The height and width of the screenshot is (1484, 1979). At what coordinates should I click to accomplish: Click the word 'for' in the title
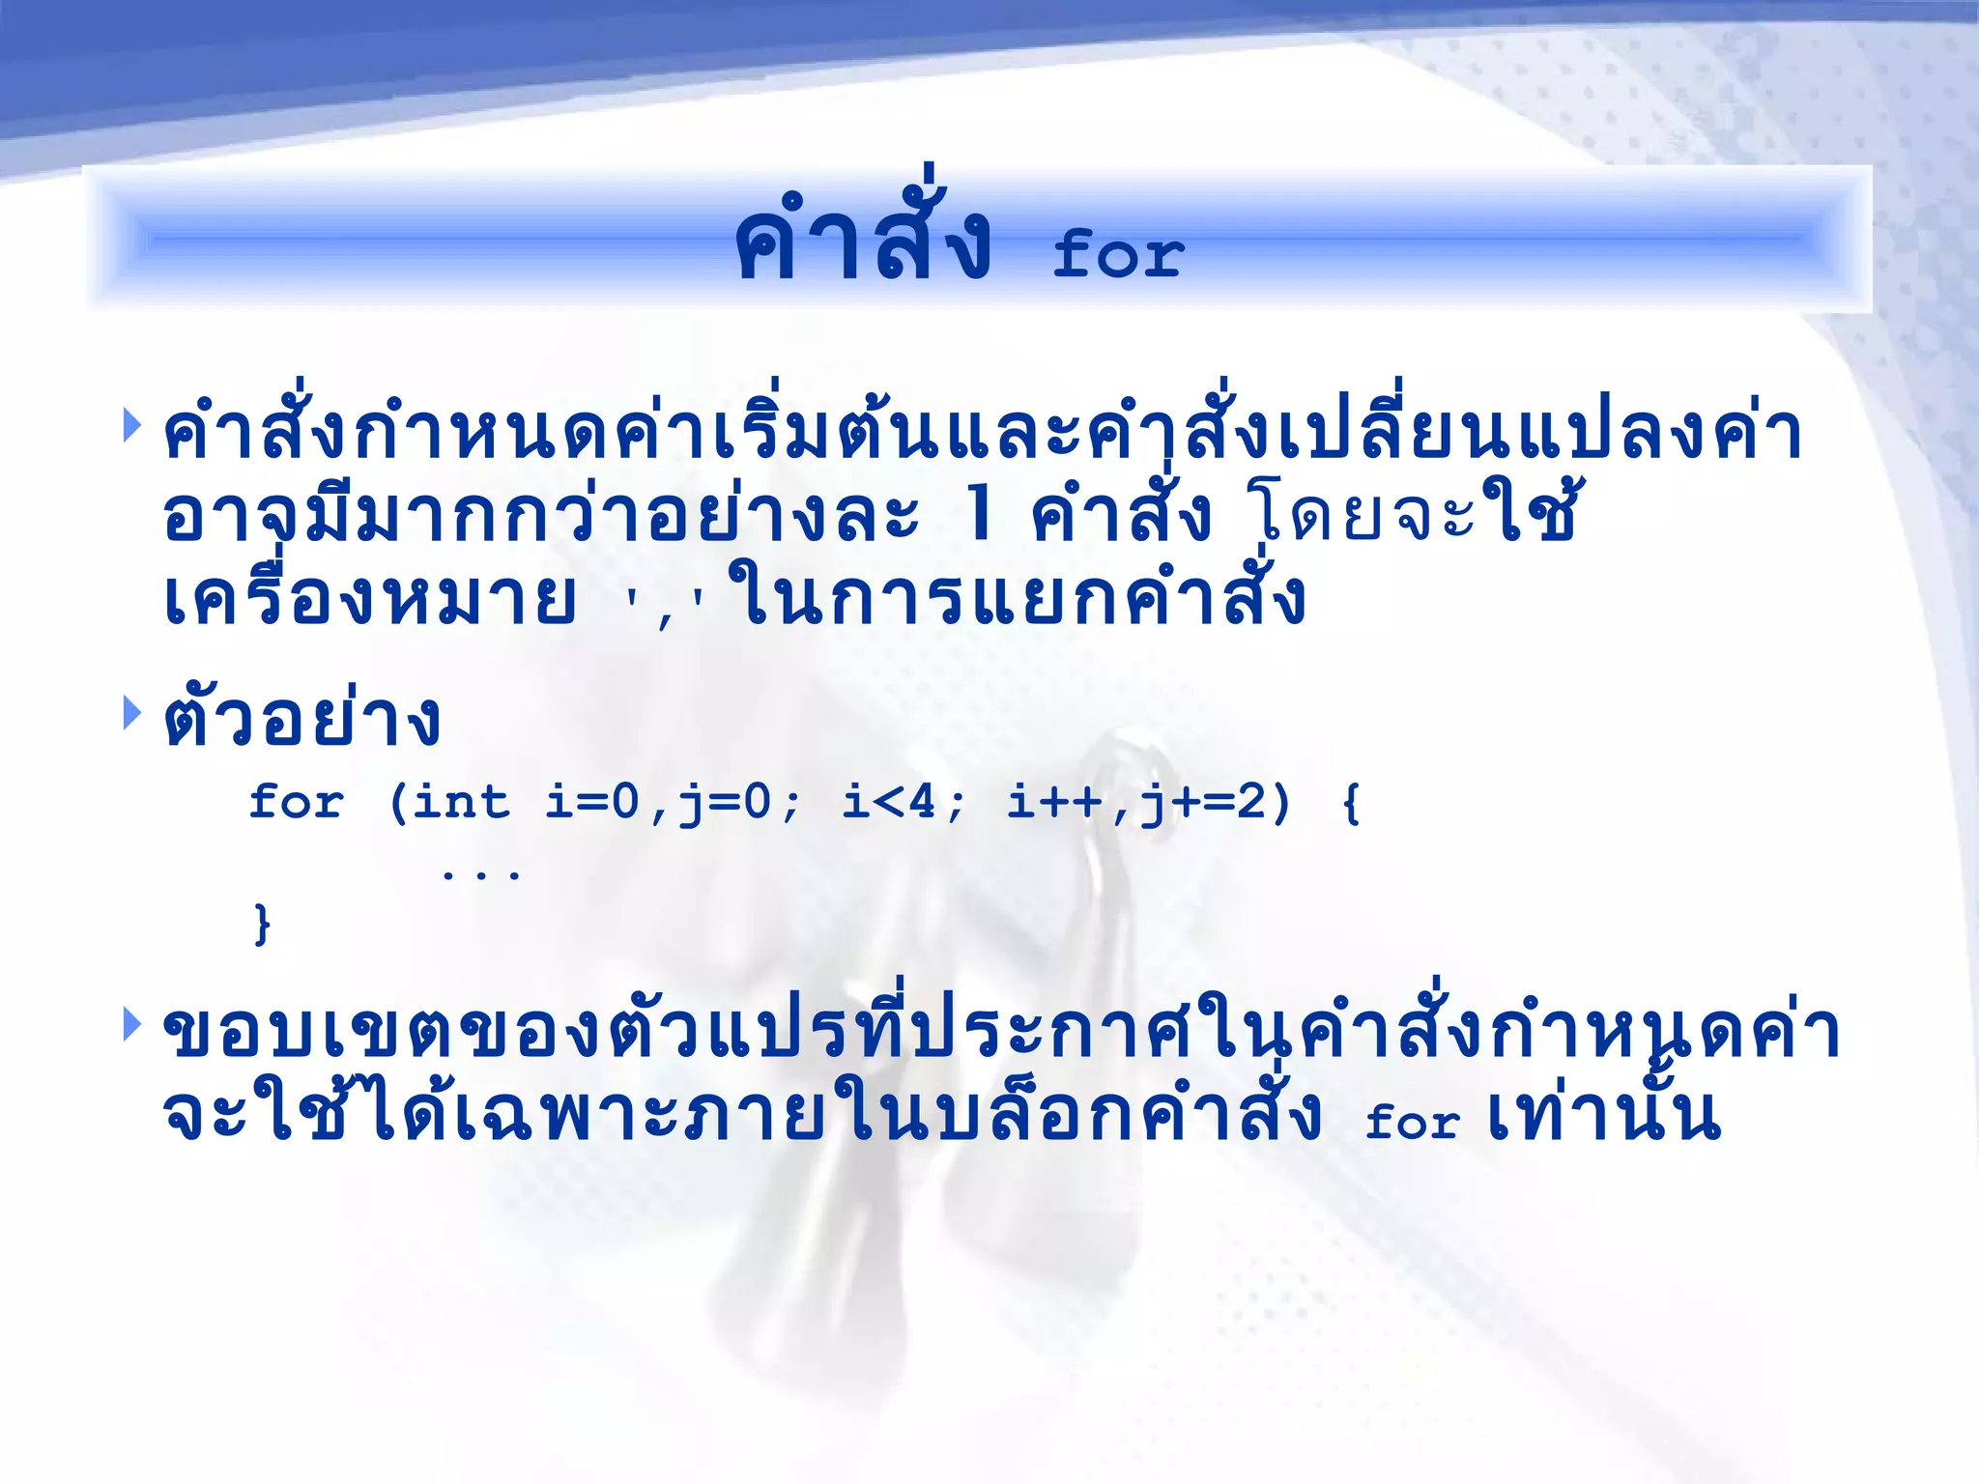1117,254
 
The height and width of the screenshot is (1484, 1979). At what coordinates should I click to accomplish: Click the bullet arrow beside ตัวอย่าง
131,712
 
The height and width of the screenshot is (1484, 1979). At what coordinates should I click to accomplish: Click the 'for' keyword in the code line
296,802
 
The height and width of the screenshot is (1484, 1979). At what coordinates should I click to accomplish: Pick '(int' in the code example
448,802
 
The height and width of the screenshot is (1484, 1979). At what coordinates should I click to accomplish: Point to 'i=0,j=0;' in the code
673,802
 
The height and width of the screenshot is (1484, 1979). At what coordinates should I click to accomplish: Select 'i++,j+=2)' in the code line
1148,802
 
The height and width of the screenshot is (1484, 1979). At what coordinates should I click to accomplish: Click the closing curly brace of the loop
261,925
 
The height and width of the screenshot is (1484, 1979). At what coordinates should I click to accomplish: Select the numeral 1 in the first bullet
979,513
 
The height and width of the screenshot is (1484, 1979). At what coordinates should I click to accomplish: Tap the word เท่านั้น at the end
1604,1114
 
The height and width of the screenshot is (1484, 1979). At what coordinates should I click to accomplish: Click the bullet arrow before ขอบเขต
131,1024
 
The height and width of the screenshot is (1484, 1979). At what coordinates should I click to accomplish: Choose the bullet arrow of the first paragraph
131,425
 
